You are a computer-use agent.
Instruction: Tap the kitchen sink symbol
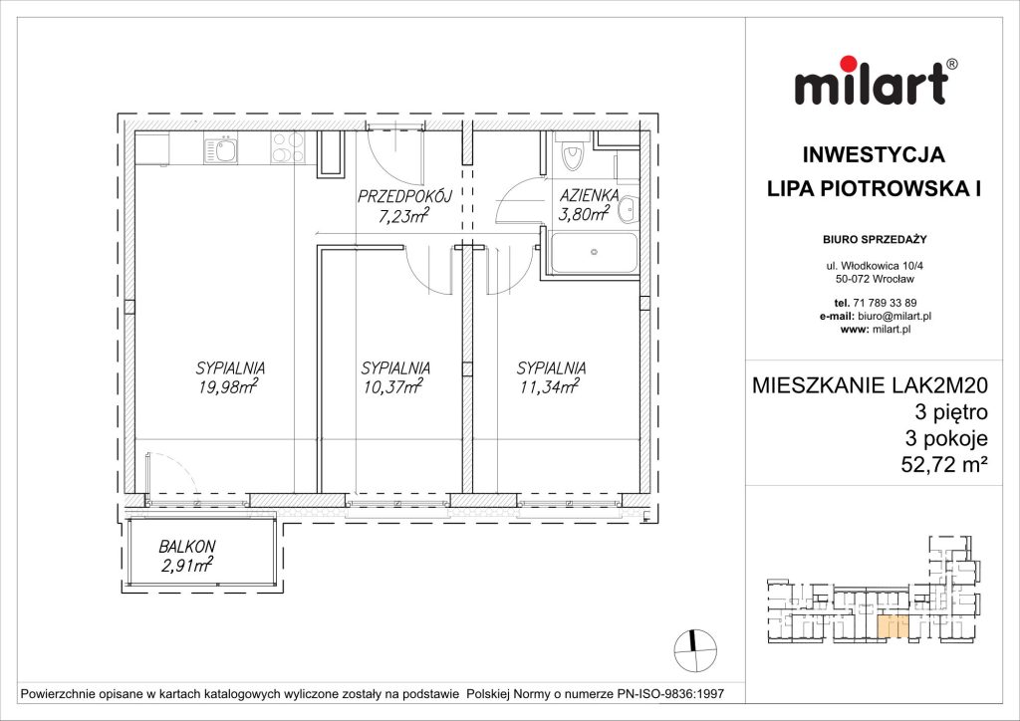(x=221, y=151)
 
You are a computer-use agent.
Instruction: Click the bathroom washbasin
(x=629, y=209)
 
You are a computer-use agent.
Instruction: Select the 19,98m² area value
(x=228, y=388)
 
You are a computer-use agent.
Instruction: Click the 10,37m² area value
(x=391, y=388)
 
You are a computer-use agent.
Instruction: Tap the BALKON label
(x=186, y=548)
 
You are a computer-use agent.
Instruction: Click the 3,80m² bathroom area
(x=584, y=213)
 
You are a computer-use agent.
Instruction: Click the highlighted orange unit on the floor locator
(x=892, y=626)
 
